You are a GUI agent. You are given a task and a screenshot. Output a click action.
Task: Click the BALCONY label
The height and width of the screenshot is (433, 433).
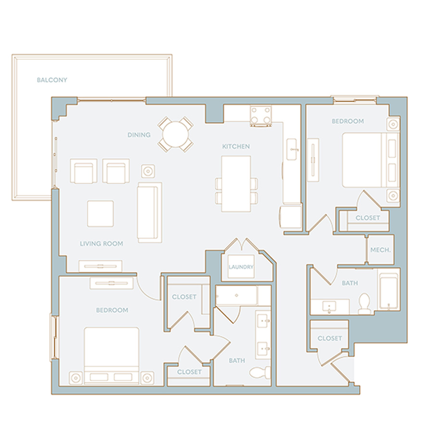point(52,80)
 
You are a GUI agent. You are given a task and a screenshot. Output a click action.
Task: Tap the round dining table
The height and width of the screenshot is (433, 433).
point(175,135)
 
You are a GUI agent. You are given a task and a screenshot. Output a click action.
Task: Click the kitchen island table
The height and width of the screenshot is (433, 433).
point(236,184)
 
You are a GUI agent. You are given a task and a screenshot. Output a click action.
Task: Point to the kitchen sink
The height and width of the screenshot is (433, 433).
point(293,150)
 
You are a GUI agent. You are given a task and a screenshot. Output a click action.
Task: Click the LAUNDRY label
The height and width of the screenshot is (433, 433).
point(241,267)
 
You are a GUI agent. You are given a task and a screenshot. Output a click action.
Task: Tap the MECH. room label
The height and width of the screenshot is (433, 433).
point(380,250)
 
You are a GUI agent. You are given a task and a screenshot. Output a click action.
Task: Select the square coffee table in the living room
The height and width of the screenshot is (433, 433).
point(101,214)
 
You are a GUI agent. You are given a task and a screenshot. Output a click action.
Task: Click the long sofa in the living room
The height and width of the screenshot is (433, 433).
point(150,212)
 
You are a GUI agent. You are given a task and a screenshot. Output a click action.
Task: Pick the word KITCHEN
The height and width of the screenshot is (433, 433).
point(236,146)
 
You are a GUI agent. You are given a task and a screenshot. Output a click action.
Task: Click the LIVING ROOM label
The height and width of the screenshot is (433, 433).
point(102,243)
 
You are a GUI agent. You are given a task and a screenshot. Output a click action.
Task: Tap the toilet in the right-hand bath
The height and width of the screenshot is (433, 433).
point(364,304)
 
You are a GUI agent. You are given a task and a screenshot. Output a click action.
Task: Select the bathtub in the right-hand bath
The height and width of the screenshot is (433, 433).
point(389,291)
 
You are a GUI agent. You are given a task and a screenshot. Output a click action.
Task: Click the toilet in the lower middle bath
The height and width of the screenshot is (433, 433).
point(260,372)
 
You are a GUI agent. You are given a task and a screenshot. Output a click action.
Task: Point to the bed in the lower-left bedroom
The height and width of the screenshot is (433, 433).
point(111,356)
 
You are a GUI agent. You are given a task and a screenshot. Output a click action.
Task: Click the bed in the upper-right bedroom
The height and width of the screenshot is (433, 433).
point(370,160)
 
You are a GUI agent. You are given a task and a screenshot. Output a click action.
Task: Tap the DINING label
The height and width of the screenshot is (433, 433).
point(139,135)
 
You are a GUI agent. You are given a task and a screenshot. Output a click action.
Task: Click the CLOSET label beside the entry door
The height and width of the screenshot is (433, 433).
point(330,338)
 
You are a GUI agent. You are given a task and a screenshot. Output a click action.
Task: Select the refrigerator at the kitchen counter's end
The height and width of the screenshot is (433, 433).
point(290,217)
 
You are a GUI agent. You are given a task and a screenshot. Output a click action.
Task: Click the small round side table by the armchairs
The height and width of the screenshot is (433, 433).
point(148,171)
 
